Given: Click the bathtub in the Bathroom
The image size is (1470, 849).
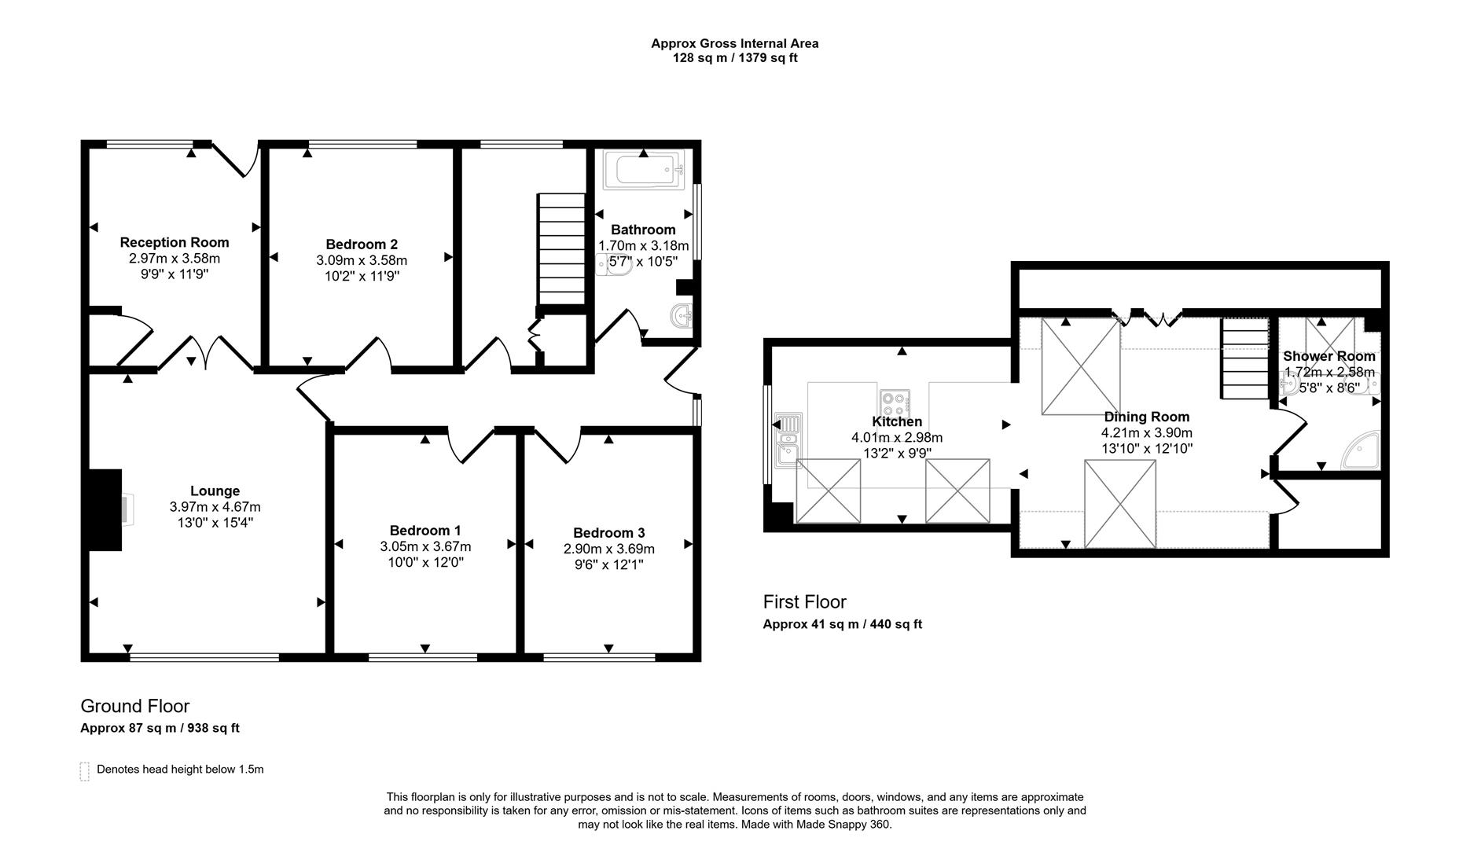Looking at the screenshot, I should click(643, 170).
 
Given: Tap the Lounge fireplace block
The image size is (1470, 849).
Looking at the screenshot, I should click(105, 509).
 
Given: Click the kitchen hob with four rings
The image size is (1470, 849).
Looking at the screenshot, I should click(895, 403).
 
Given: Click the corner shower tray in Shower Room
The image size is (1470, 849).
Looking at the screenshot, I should click(1361, 451).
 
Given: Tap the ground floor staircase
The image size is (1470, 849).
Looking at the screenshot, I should click(562, 249).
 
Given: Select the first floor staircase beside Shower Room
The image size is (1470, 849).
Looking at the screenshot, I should click(1244, 358).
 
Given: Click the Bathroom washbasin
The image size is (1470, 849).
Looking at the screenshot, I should click(681, 316).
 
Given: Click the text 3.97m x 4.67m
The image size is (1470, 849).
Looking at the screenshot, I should click(215, 507).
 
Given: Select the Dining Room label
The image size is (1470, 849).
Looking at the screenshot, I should click(1146, 417).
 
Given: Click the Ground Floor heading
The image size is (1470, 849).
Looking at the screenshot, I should click(134, 706).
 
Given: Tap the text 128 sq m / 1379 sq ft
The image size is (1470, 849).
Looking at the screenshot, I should click(734, 57).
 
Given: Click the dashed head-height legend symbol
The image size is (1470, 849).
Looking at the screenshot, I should click(85, 770).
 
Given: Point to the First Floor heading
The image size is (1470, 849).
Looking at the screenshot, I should click(804, 602).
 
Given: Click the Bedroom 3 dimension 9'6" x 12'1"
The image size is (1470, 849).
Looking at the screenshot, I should click(608, 564).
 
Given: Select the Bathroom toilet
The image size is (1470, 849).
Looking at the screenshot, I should click(616, 265).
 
